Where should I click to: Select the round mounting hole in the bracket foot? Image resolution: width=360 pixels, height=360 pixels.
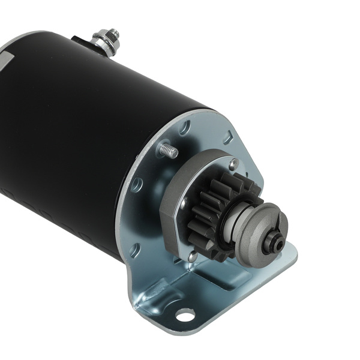tap(185, 314)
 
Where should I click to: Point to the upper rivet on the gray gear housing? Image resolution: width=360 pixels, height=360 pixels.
tap(232, 163)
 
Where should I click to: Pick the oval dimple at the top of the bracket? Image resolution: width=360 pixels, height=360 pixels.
tap(187, 127)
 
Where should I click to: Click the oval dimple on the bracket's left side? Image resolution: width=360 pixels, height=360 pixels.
tap(136, 183)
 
